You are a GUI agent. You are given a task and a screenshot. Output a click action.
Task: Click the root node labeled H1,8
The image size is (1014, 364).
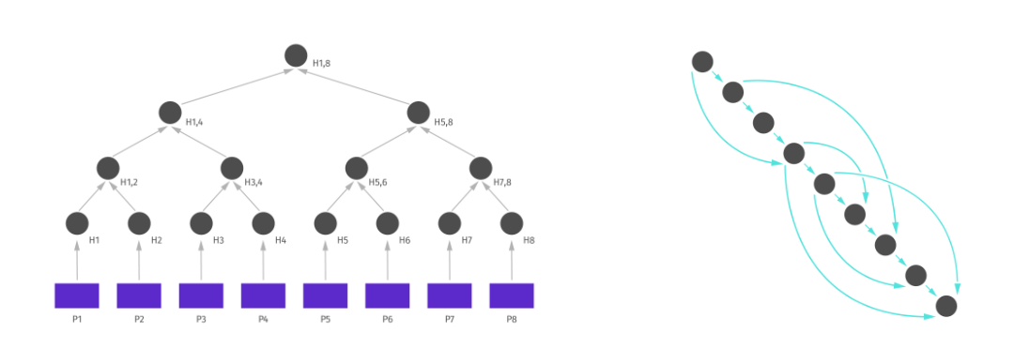[x=296, y=55]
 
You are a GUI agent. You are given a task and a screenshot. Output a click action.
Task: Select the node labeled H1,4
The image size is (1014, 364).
[x=171, y=113]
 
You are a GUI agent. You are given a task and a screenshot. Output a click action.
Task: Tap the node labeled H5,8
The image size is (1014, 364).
[x=419, y=113]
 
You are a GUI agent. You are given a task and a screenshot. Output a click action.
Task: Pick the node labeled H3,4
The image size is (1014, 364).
[x=232, y=168]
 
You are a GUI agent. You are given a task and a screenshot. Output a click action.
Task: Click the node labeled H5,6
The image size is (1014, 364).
[x=357, y=168]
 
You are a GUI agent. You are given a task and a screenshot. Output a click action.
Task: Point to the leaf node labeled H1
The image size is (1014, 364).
[x=77, y=223]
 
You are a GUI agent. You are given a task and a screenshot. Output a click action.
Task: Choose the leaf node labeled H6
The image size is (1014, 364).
[x=388, y=223]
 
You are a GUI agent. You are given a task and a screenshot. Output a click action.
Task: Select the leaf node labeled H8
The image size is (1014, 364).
[x=512, y=223]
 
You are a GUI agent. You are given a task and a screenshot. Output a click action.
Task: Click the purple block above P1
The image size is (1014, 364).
[x=77, y=296]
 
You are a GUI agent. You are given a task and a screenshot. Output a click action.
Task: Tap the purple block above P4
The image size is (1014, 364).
[x=263, y=296]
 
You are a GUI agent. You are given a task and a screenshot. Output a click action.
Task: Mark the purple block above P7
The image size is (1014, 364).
[x=450, y=296]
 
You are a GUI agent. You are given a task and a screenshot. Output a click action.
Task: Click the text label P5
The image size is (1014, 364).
[x=325, y=319]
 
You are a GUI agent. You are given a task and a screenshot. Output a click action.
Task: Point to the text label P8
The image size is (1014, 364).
[x=512, y=319]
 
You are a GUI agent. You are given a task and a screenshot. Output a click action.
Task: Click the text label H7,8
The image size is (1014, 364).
[x=502, y=182]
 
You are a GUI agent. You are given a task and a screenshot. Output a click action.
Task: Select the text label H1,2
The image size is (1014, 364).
[x=130, y=182]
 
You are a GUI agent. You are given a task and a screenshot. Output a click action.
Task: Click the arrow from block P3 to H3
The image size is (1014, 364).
[x=201, y=261]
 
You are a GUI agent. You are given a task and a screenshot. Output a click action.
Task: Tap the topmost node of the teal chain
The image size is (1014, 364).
[x=702, y=62]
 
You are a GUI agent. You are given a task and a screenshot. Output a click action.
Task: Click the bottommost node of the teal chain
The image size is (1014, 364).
[x=946, y=306]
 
